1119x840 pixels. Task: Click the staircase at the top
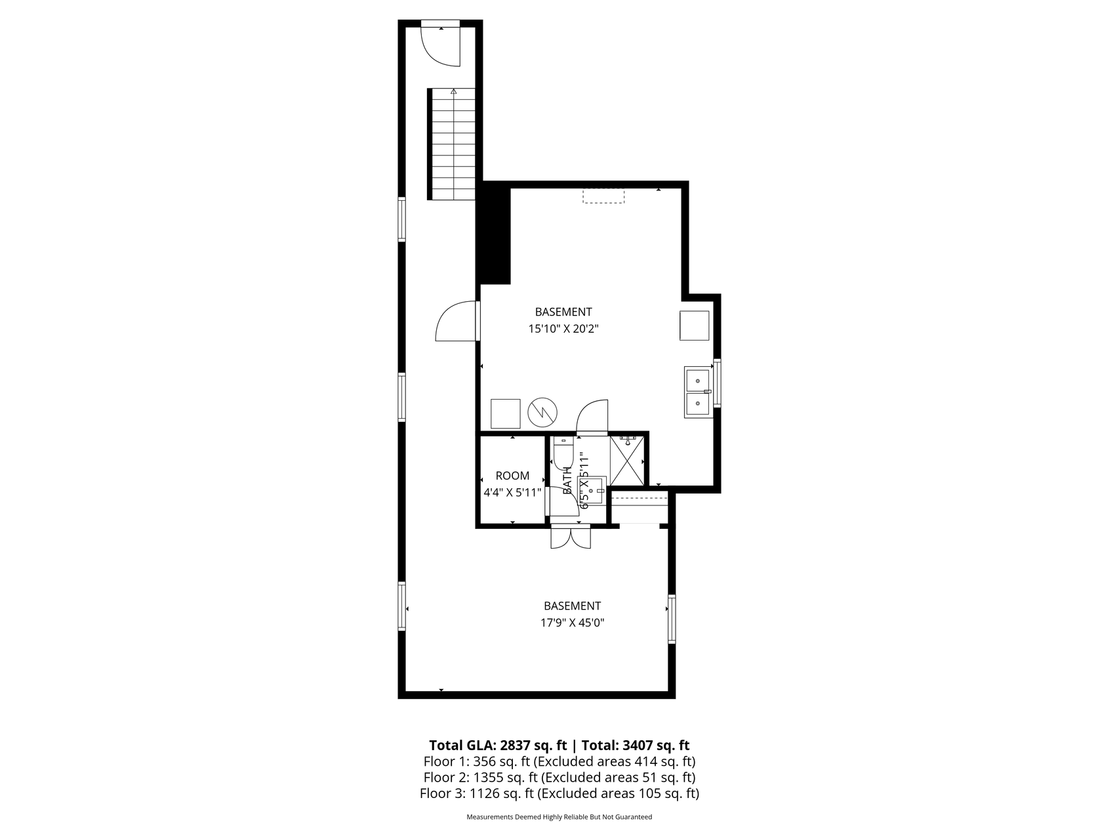[x=453, y=144]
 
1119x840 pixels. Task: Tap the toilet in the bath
[x=563, y=452]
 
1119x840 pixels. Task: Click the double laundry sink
[x=698, y=392]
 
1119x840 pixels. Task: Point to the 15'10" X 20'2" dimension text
[x=563, y=329]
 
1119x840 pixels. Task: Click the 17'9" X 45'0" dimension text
[x=572, y=623]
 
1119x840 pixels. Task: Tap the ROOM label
[x=512, y=476]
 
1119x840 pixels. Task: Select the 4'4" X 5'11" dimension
[x=512, y=492]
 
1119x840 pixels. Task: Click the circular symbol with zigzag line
[x=543, y=412]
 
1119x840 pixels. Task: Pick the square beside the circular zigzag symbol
[x=506, y=413]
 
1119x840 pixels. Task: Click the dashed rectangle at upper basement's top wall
[x=603, y=196]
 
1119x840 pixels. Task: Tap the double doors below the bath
[x=571, y=537]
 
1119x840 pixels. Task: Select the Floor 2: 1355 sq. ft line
[x=559, y=777]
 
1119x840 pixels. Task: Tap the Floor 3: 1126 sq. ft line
[x=559, y=793]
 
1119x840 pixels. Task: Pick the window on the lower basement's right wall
[x=671, y=619]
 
